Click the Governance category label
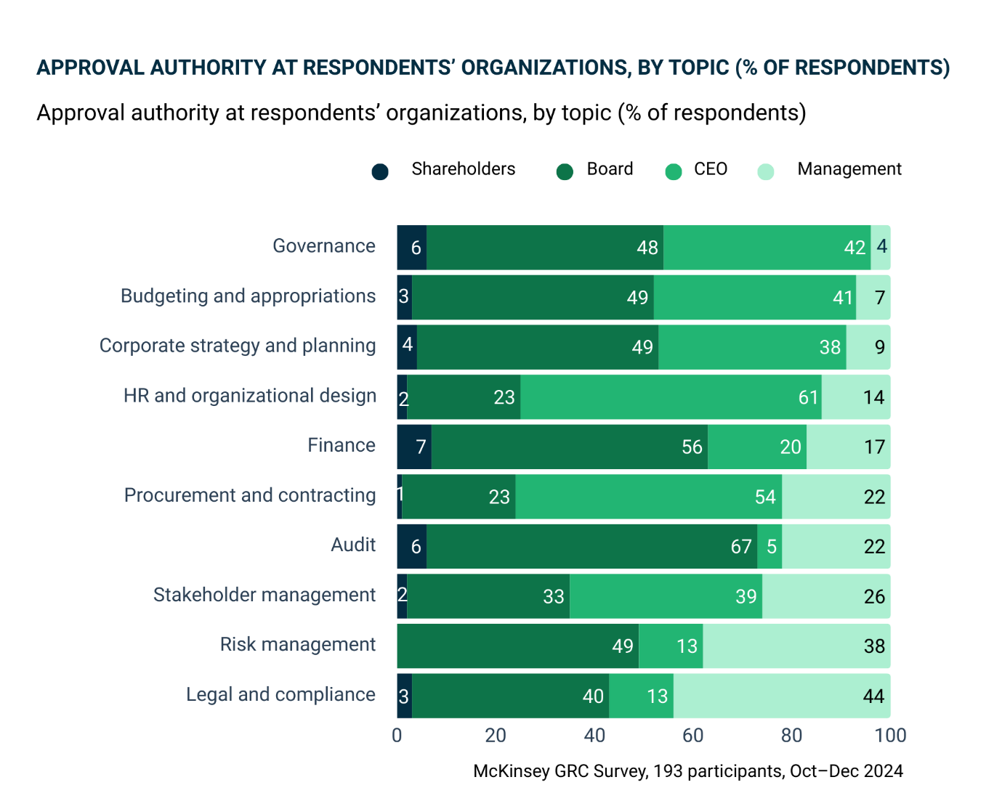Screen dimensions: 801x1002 pyautogui.click(x=324, y=246)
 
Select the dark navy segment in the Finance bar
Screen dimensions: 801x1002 pyautogui.click(x=414, y=447)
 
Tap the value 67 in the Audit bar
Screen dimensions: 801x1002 pyautogui.click(x=740, y=546)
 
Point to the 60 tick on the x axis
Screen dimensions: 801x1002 pyautogui.click(x=693, y=735)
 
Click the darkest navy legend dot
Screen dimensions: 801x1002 pyautogui.click(x=379, y=172)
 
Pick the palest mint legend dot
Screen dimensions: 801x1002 pyautogui.click(x=766, y=172)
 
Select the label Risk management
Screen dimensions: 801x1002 pyautogui.click(x=298, y=645)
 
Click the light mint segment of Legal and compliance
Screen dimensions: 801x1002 pyautogui.click(x=782, y=696)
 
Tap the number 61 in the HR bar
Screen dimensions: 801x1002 pyautogui.click(x=808, y=397)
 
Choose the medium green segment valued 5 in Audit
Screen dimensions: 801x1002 pyautogui.click(x=769, y=546)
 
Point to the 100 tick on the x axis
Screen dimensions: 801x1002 pyautogui.click(x=891, y=735)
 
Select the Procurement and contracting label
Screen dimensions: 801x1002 pyautogui.click(x=250, y=495)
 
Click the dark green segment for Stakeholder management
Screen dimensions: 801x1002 pyautogui.click(x=488, y=596)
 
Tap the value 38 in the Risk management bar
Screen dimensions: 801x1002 pyautogui.click(x=874, y=646)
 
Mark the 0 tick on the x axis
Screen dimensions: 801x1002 pyautogui.click(x=397, y=735)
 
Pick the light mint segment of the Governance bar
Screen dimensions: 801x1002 pyautogui.click(x=881, y=247)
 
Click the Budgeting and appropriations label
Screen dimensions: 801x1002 pyautogui.click(x=248, y=296)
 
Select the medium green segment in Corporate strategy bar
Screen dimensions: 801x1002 pyautogui.click(x=752, y=347)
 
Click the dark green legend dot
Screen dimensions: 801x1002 pyautogui.click(x=565, y=172)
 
